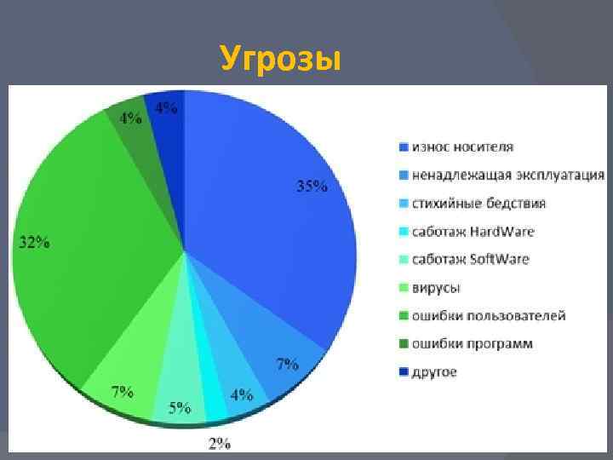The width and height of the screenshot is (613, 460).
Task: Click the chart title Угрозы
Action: pyautogui.click(x=280, y=59)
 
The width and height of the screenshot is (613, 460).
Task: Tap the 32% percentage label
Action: pyautogui.click(x=34, y=243)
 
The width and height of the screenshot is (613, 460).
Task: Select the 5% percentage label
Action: pyautogui.click(x=179, y=408)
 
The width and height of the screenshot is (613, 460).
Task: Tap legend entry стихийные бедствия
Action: pyautogui.click(x=478, y=204)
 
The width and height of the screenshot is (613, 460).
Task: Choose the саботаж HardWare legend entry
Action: pyautogui.click(x=473, y=232)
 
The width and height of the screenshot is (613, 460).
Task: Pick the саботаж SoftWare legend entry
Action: pyautogui.click(x=470, y=259)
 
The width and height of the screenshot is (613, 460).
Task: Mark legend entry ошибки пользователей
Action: pyautogui.click(x=489, y=316)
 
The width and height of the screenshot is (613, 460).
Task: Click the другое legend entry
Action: pyautogui.click(x=435, y=372)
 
